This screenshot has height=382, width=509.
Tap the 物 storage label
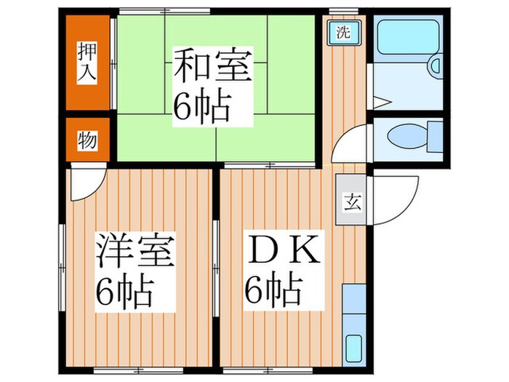[x=87, y=140]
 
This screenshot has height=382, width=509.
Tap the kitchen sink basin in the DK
[x=354, y=348]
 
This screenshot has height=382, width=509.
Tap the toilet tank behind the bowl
[x=435, y=135]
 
